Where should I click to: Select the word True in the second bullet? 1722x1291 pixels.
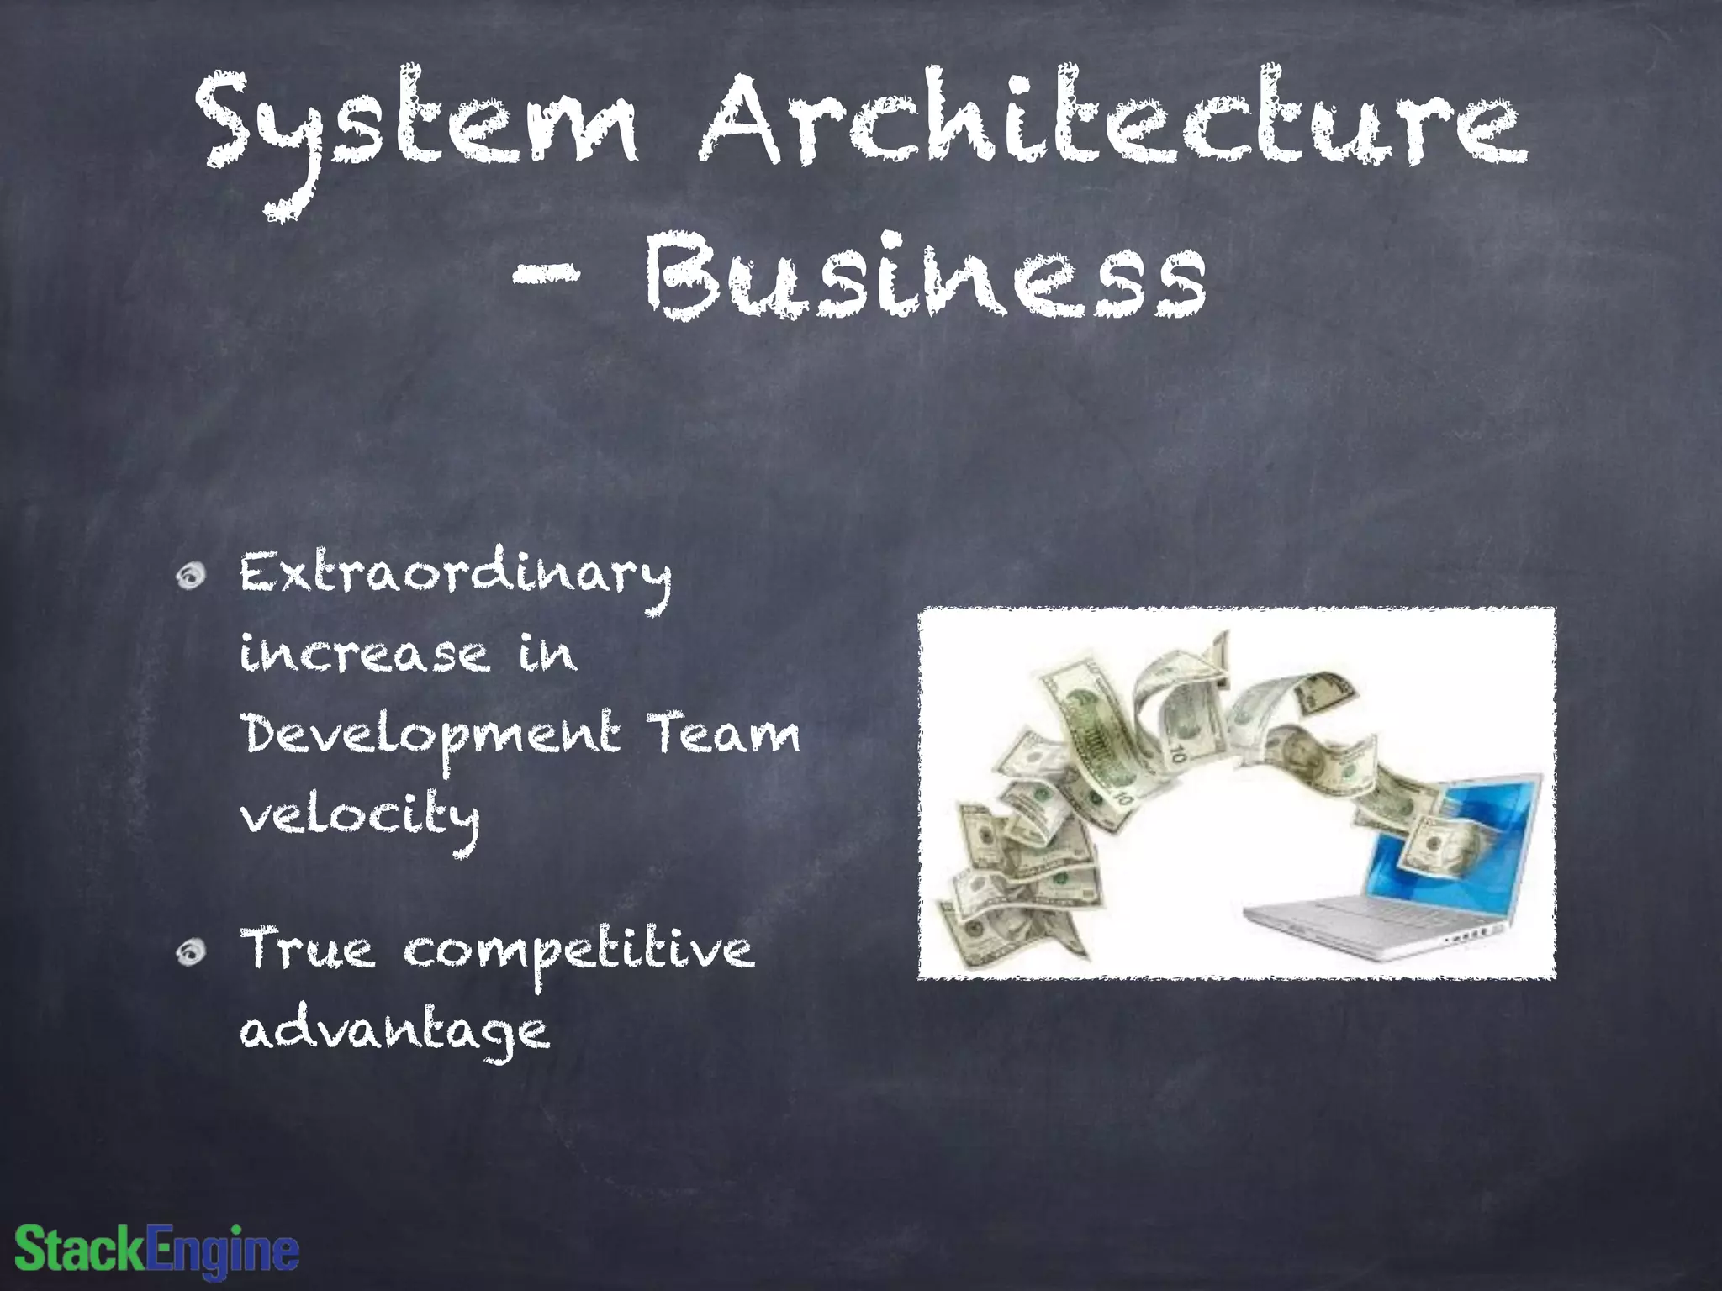(308, 950)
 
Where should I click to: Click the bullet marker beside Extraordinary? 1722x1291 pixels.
(192, 576)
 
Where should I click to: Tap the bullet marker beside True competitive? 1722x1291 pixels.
(192, 951)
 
